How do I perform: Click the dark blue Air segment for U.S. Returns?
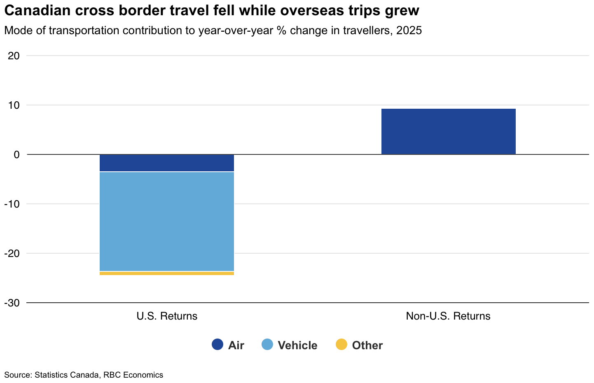[167, 163]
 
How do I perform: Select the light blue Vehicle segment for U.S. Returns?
[167, 221]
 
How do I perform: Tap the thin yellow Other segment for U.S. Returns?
[167, 273]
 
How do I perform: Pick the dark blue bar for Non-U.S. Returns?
[448, 131]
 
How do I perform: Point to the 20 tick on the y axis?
[14, 56]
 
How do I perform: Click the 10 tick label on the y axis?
[14, 105]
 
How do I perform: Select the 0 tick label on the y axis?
[17, 155]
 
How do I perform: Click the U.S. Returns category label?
[167, 316]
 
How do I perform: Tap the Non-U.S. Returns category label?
[448, 316]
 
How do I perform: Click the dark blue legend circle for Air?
[217, 345]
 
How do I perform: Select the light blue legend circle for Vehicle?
[267, 345]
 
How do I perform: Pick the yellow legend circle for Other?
[341, 345]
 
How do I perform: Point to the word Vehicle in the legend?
[297, 346]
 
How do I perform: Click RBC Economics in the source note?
[133, 375]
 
